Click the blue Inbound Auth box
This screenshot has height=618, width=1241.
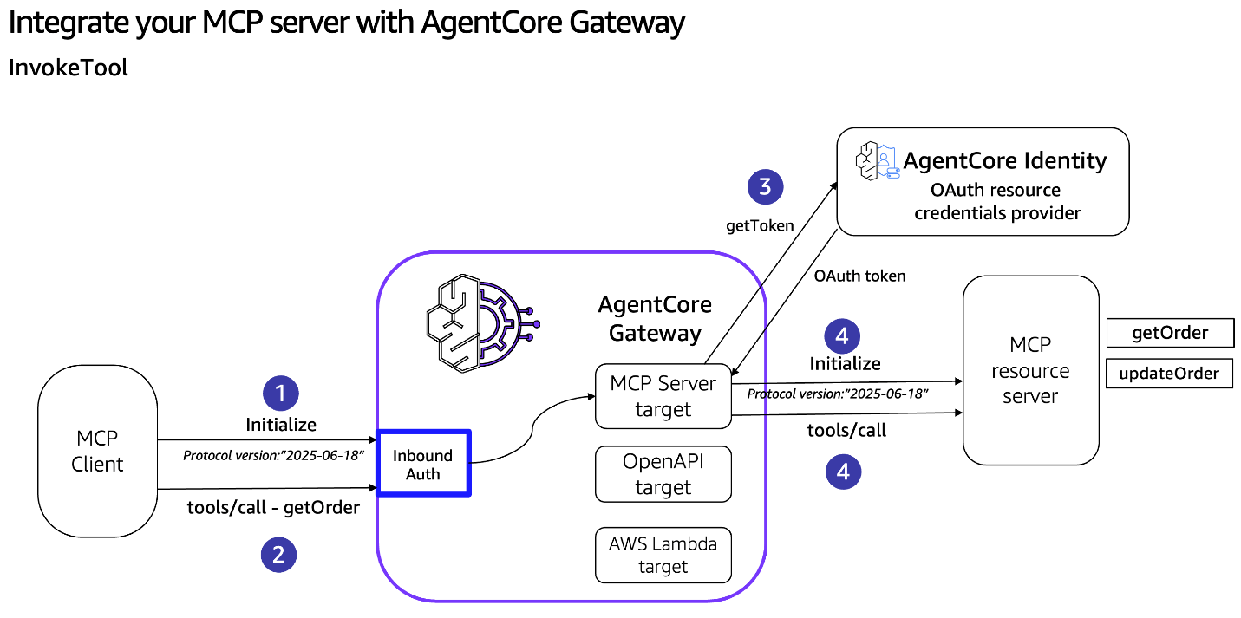423,463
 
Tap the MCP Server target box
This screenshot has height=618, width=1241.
663,396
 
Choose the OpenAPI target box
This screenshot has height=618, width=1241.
663,474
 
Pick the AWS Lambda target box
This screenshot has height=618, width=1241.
663,555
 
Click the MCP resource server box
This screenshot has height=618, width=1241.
1030,370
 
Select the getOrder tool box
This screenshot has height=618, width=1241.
1169,333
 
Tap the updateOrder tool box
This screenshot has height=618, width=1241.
1169,374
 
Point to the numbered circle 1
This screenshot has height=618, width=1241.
280,394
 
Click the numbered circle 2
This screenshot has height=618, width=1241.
278,555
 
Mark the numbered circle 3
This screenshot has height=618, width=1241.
764,186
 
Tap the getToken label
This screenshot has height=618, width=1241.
760,226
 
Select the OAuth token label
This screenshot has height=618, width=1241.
859,276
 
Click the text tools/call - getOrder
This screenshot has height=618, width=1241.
273,508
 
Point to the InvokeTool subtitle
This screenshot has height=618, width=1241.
69,68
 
